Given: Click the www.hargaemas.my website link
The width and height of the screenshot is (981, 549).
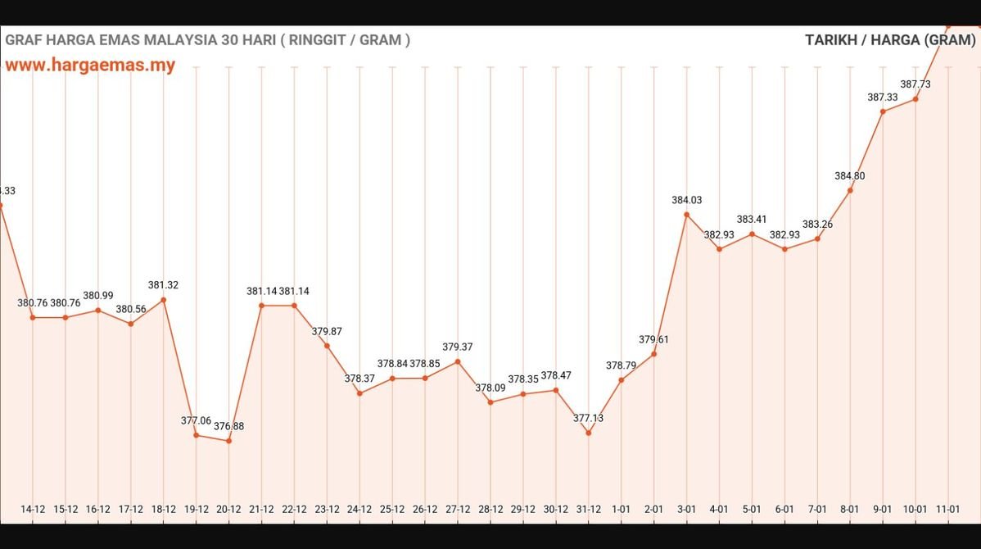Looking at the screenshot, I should (90, 65).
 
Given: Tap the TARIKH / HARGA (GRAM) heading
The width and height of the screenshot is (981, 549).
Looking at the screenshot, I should (890, 39).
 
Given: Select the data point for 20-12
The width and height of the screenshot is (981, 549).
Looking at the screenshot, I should (228, 441).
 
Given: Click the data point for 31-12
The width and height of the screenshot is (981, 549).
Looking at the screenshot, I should (588, 433).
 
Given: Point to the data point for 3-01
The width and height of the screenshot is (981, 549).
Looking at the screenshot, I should (686, 215).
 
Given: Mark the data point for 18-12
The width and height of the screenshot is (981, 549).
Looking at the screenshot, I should (164, 300).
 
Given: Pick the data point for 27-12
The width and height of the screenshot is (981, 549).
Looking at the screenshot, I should (458, 361).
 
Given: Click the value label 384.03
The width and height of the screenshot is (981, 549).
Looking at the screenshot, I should (686, 200).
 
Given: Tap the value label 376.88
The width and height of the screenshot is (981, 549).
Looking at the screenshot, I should (228, 426).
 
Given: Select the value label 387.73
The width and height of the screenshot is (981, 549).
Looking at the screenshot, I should (915, 84).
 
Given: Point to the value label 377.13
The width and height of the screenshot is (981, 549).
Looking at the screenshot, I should (588, 418).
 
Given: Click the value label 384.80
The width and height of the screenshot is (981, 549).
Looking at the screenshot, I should (850, 176).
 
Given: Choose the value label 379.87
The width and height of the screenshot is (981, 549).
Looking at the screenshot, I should (327, 332).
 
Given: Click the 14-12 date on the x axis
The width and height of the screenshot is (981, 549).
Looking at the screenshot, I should (33, 509).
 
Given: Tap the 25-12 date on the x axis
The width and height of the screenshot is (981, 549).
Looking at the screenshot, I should (392, 509).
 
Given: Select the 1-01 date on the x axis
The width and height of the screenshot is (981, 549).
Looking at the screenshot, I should (621, 509).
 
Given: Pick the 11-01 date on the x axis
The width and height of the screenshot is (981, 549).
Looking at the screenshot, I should (947, 509).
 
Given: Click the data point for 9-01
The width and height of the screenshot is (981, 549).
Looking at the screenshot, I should (883, 111).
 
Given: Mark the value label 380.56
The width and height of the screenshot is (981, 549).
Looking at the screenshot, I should (131, 309).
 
